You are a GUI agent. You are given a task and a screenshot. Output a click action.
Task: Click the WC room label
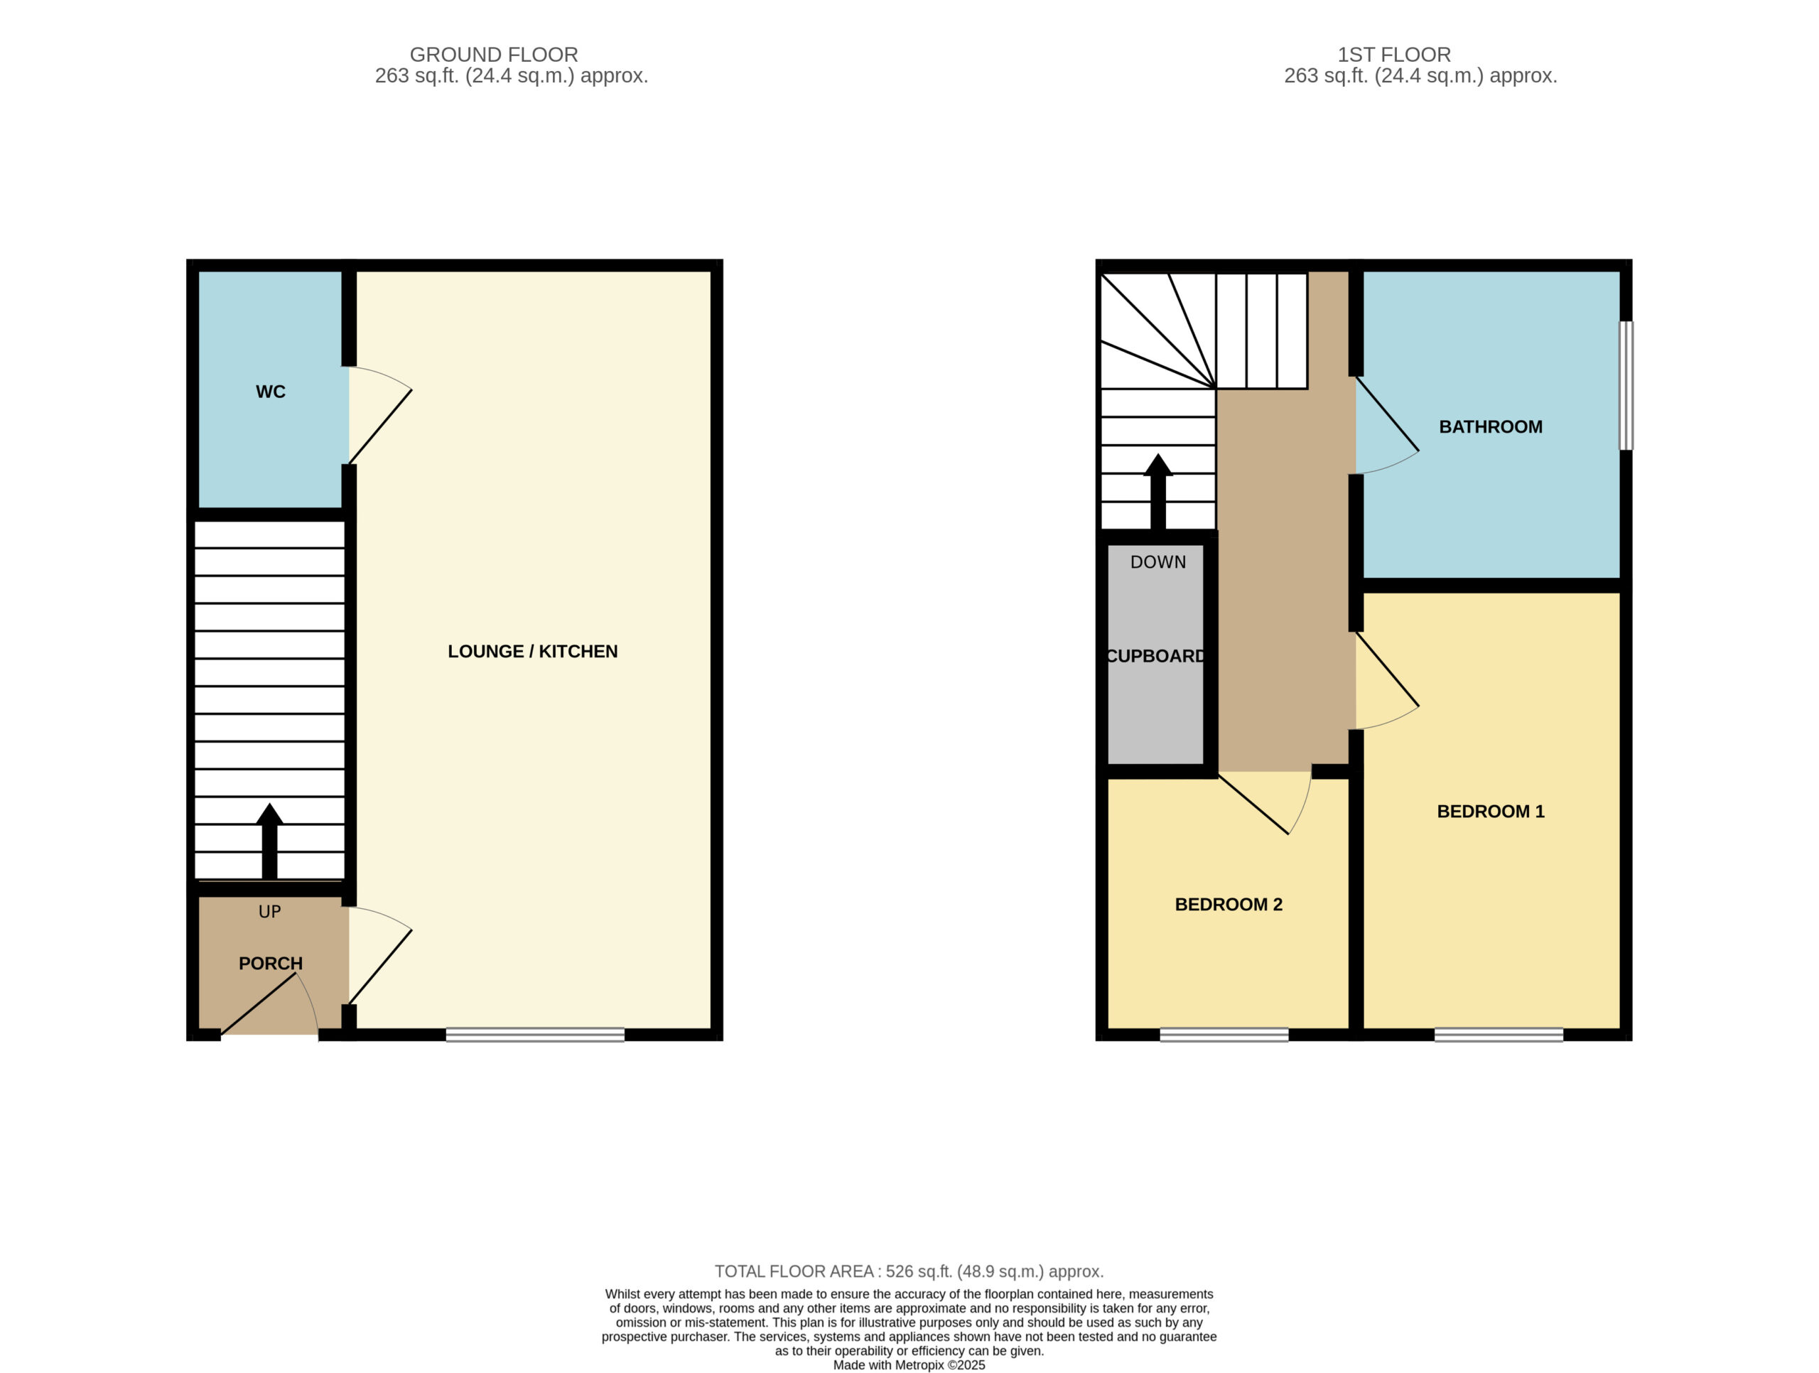click(271, 392)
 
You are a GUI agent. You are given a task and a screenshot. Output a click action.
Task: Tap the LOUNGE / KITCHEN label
click(532, 652)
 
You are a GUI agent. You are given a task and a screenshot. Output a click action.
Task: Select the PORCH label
click(271, 964)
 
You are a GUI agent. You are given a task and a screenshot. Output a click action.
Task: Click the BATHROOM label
click(1490, 427)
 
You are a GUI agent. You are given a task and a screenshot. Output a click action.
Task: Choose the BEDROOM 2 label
click(1229, 904)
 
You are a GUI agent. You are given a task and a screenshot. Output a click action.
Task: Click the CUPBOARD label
click(1155, 656)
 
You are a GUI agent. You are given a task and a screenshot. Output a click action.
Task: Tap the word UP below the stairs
click(270, 912)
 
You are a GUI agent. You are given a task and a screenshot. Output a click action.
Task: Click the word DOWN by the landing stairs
click(1158, 562)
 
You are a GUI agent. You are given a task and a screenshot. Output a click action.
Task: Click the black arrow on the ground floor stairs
click(270, 841)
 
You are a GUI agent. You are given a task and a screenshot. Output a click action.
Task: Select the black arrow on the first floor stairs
click(1158, 491)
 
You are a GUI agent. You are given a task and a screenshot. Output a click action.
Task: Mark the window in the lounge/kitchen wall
click(535, 1034)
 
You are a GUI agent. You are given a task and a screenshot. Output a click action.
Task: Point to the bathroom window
click(1626, 386)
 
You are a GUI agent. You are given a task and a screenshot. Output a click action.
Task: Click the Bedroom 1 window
click(1499, 1034)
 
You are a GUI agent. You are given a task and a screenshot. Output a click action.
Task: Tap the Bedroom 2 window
click(1224, 1034)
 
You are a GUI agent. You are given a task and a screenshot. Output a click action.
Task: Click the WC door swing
click(380, 416)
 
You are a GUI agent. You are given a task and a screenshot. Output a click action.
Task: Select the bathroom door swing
click(1387, 425)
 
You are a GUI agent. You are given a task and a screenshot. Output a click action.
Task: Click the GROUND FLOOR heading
click(493, 54)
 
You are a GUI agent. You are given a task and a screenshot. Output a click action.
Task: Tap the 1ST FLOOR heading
click(1394, 54)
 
